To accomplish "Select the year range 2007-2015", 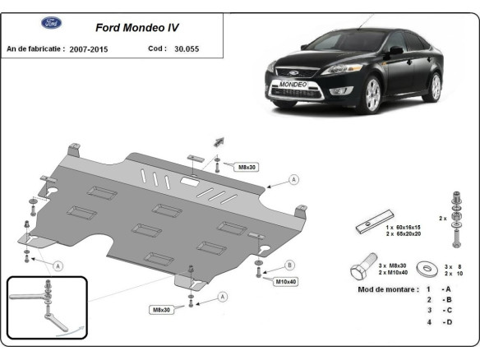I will (88, 49).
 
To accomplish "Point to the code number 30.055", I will (185, 49).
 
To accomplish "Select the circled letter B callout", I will (289, 265).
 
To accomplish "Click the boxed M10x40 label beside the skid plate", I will (284, 282).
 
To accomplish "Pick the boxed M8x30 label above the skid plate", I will (247, 167).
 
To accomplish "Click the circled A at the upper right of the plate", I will (293, 179).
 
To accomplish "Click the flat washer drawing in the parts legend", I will (427, 270).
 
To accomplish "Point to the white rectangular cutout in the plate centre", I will (189, 185).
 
